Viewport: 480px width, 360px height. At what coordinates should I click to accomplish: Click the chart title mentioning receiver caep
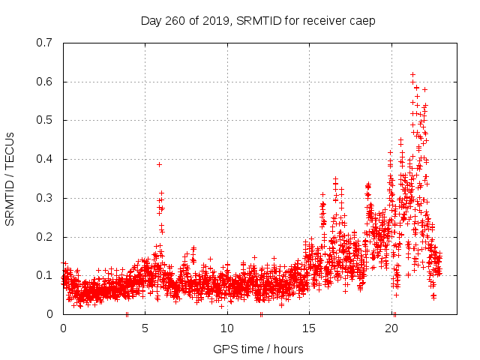(258, 21)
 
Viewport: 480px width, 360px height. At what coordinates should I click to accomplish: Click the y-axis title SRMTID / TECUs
(10, 178)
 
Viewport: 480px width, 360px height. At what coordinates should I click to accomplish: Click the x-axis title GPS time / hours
(258, 349)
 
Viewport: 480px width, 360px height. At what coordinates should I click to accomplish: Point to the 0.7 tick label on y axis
(44, 43)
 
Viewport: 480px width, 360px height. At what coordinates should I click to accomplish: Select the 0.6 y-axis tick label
(44, 82)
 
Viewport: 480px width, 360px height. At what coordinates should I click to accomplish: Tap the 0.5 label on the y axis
(44, 120)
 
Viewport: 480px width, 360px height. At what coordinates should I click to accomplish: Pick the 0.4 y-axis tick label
(44, 159)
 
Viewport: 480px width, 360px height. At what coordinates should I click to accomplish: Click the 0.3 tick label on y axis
(44, 198)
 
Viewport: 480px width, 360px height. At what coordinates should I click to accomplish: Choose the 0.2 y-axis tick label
(44, 237)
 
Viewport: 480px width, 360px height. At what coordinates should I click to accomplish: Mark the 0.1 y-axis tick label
(44, 275)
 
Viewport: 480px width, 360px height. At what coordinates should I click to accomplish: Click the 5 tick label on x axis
(145, 328)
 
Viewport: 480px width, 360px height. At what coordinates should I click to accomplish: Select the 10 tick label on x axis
(228, 328)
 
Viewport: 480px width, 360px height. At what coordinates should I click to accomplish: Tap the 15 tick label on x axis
(310, 328)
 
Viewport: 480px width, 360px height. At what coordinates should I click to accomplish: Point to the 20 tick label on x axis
(393, 328)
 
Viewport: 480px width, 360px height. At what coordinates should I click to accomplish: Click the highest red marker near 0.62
(412, 74)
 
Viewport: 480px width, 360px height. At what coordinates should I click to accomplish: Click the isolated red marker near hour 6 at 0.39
(159, 164)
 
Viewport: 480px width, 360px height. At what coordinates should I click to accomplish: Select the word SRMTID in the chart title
(257, 21)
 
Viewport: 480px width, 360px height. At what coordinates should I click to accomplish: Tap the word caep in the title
(362, 21)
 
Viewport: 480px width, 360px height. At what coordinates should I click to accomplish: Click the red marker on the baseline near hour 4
(127, 314)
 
